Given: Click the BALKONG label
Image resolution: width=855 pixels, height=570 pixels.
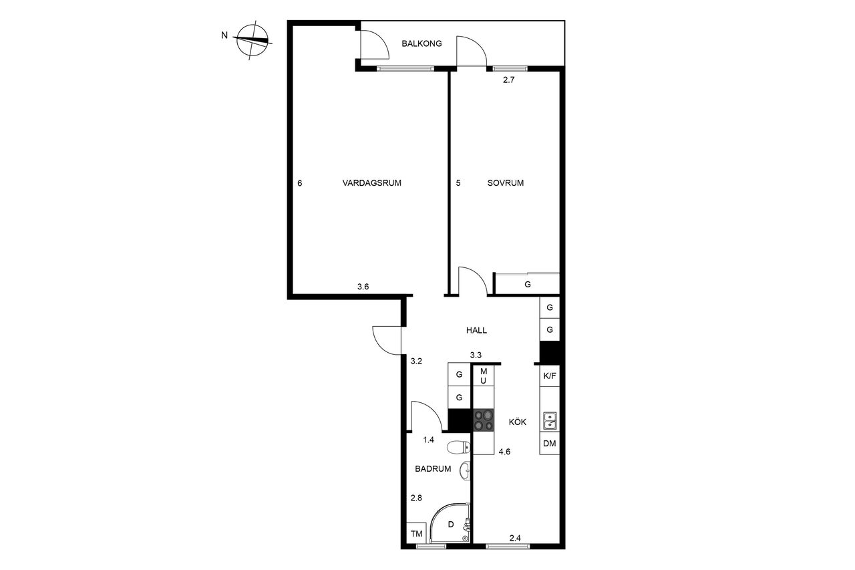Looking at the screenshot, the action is pyautogui.click(x=421, y=43).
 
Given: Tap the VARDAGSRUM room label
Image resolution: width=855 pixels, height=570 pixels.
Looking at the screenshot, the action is pyautogui.click(x=371, y=183).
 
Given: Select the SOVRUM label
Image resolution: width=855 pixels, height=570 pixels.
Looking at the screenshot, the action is pyautogui.click(x=506, y=183).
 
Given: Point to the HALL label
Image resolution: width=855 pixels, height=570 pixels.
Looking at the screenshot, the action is pyautogui.click(x=476, y=330).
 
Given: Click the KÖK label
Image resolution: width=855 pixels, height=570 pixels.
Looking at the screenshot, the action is pyautogui.click(x=517, y=422).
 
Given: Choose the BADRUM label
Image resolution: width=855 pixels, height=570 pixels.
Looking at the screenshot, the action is pyautogui.click(x=433, y=469).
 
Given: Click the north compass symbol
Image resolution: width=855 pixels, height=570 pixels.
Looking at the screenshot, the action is pyautogui.click(x=252, y=39).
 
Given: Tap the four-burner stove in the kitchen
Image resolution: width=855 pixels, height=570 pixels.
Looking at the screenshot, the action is pyautogui.click(x=484, y=420).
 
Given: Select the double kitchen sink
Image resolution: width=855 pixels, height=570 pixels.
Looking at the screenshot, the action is pyautogui.click(x=550, y=421).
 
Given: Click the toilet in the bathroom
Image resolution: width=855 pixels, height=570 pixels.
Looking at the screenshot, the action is pyautogui.click(x=458, y=447).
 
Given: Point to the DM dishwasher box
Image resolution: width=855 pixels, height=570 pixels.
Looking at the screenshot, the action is pyautogui.click(x=549, y=443).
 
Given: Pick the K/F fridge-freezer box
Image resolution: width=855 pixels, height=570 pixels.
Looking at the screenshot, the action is pyautogui.click(x=549, y=376).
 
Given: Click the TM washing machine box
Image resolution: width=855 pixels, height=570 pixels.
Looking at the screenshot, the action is pyautogui.click(x=416, y=533).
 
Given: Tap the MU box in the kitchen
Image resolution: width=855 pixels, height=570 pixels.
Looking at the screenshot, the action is pyautogui.click(x=483, y=376).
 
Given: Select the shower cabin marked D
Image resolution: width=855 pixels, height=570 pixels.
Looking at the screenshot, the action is pyautogui.click(x=450, y=523).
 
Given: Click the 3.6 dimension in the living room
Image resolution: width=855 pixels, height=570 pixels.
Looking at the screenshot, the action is pyautogui.click(x=363, y=287).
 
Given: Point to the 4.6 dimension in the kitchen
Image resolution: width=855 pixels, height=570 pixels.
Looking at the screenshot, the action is pyautogui.click(x=504, y=452).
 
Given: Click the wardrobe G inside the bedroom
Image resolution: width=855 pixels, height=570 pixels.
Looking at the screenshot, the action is pyautogui.click(x=528, y=284).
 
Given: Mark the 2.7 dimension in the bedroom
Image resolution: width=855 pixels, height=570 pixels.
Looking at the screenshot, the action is pyautogui.click(x=508, y=80).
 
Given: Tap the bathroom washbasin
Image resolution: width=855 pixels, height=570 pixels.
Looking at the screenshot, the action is pyautogui.click(x=466, y=470).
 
